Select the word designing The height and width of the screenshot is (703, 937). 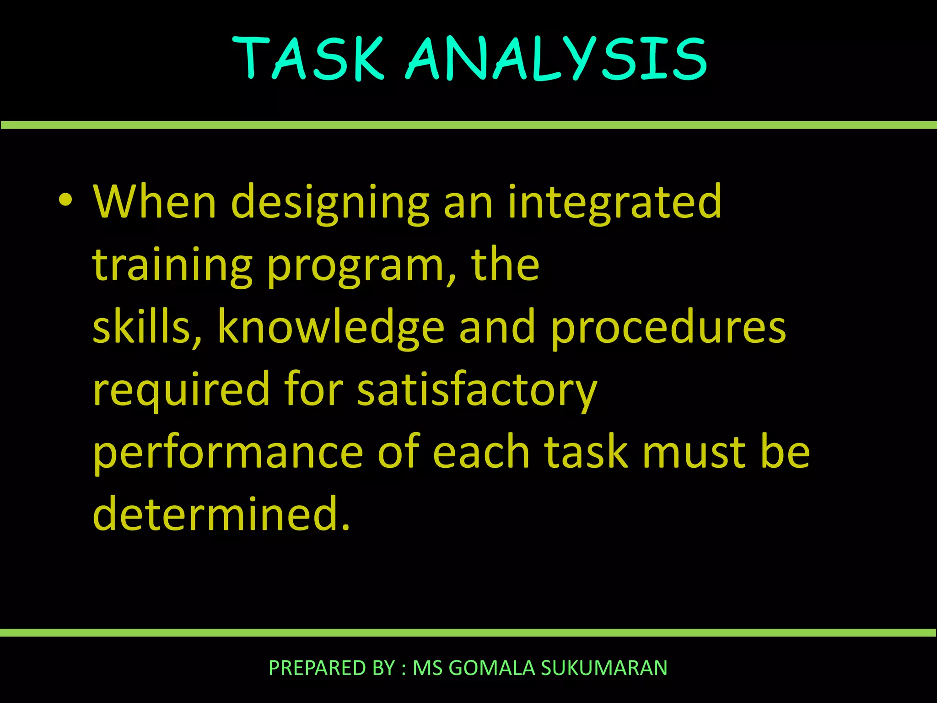[330, 202]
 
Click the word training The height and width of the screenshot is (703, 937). [172, 265]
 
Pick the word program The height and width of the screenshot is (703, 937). [355, 268]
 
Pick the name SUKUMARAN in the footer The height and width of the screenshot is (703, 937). [604, 668]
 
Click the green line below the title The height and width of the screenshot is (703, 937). [468, 125]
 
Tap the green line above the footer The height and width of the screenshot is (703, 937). [468, 633]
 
